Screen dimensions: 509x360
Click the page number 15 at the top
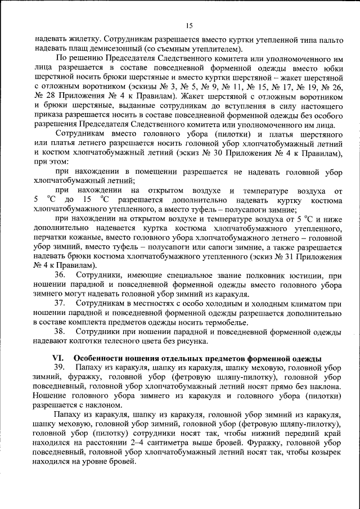[x=189, y=25]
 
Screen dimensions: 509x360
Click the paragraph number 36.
[x=60, y=274]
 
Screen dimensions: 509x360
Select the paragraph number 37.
[x=60, y=304]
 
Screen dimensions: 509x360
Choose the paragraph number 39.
[x=60, y=367]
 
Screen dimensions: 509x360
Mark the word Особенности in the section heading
[x=98, y=358]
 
